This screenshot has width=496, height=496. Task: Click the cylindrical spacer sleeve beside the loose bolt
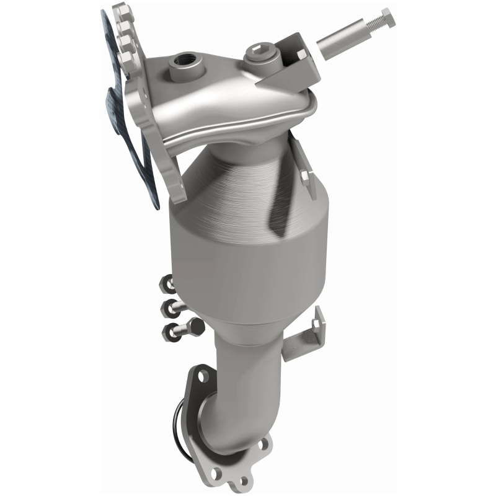(338, 41)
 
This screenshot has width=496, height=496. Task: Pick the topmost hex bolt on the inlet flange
(120, 11)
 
